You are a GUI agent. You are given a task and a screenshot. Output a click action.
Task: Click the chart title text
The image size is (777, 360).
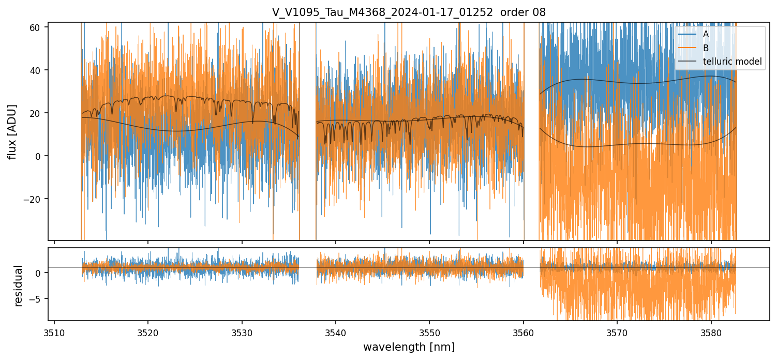[x=409, y=12]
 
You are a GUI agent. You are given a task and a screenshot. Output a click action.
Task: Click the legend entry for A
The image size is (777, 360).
[x=706, y=34]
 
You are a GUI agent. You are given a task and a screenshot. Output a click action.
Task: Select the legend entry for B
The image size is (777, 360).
[x=706, y=48]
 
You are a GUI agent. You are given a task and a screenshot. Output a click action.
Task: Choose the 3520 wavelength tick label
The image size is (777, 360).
[x=148, y=332]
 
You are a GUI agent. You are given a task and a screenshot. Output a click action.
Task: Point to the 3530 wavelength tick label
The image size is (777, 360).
[x=242, y=332]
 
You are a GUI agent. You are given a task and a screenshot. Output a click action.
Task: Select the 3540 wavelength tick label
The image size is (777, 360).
[x=336, y=332]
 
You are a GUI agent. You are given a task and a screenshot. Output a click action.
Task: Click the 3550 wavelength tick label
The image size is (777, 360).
[x=429, y=332]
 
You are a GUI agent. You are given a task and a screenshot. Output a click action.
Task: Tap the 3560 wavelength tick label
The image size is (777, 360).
[x=524, y=332]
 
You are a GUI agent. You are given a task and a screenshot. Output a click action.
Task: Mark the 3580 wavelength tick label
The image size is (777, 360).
[x=711, y=332]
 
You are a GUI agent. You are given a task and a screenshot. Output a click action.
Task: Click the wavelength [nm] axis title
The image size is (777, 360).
[x=409, y=347]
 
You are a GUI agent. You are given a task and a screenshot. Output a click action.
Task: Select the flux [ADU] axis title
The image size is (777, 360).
[x=12, y=131]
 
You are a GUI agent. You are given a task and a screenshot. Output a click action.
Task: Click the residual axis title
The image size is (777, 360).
[x=19, y=286]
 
